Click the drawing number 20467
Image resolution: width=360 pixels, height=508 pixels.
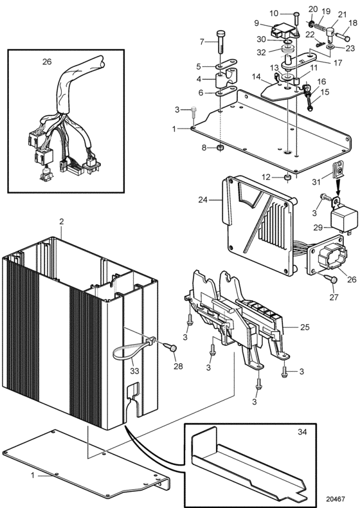pos(336,499)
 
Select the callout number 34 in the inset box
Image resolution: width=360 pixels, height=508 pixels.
pos(302,431)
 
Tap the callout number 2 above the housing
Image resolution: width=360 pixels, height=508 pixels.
pos(62,222)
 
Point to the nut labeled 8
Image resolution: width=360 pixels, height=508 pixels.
pos(221,149)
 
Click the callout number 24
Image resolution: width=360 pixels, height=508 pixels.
pos(203,200)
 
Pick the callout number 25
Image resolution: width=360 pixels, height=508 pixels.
pos(305,327)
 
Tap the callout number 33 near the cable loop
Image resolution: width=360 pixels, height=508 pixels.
pos(134,370)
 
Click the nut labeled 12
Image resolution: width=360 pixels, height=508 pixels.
pos(287,178)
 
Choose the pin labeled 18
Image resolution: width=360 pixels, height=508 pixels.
pos(341,36)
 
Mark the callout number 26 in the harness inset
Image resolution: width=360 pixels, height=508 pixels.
pos(47,62)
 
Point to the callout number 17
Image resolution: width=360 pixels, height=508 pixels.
pos(337,62)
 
